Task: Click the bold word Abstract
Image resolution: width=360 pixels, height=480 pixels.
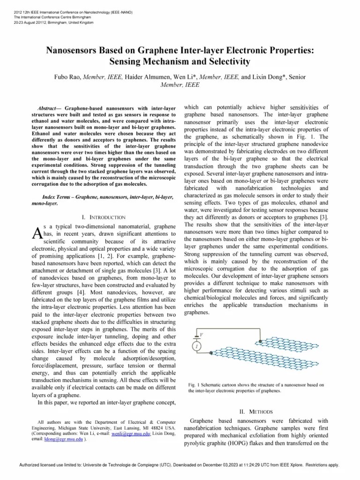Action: (x=48, y=108)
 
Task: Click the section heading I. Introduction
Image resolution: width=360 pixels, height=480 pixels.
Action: (x=104, y=217)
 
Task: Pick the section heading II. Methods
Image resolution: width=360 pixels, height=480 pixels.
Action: (x=256, y=412)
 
